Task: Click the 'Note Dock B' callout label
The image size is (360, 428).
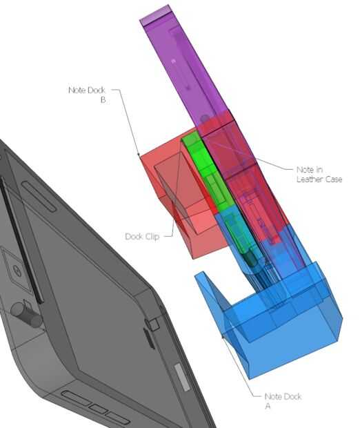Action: pos(87,95)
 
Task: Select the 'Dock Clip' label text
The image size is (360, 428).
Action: pos(142,236)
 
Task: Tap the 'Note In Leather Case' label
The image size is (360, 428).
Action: pos(319,174)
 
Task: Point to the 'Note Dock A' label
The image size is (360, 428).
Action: pos(283,400)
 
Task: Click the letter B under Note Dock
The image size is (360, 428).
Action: pos(103,100)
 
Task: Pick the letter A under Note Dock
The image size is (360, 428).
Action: pos(268,406)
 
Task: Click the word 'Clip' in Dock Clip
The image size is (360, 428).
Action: pos(152,236)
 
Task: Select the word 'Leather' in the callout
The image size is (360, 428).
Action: pos(309,179)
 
